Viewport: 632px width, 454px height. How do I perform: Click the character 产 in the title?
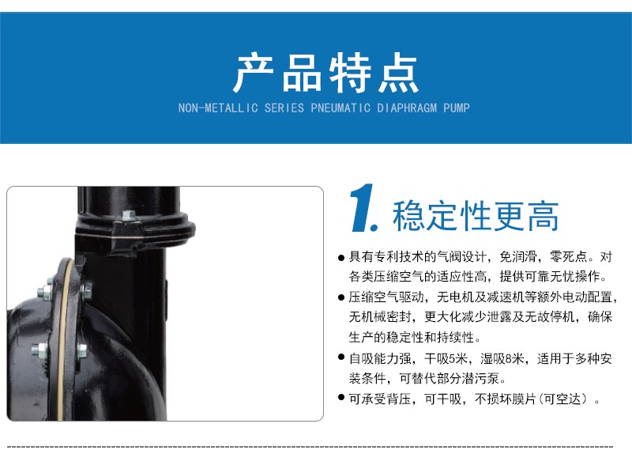pyautogui.click(x=254, y=73)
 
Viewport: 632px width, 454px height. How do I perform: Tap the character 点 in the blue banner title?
pyautogui.click(x=398, y=73)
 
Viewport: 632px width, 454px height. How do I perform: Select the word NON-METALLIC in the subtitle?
pyautogui.click(x=218, y=108)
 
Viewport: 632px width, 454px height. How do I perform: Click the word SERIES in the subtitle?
pyautogui.click(x=284, y=108)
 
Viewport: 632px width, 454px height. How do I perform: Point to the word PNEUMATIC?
pyautogui.click(x=340, y=108)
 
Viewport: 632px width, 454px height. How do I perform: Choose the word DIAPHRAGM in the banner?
pyautogui.click(x=407, y=108)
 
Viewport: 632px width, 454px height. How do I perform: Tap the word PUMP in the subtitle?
pyautogui.click(x=457, y=108)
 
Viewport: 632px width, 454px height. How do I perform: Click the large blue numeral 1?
pyautogui.click(x=363, y=208)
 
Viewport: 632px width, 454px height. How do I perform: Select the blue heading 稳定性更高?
pyautogui.click(x=476, y=216)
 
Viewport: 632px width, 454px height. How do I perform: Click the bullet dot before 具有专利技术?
pyautogui.click(x=341, y=258)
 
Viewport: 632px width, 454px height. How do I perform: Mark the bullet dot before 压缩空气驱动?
pyautogui.click(x=341, y=298)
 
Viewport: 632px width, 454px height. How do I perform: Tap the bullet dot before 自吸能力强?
pyautogui.click(x=341, y=358)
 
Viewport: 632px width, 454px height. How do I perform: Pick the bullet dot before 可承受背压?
pyautogui.click(x=341, y=398)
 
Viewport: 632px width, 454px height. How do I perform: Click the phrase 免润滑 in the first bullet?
pyautogui.click(x=518, y=257)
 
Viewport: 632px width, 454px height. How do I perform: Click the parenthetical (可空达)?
pyautogui.click(x=565, y=399)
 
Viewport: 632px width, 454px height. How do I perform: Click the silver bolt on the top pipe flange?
pyautogui.click(x=128, y=216)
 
